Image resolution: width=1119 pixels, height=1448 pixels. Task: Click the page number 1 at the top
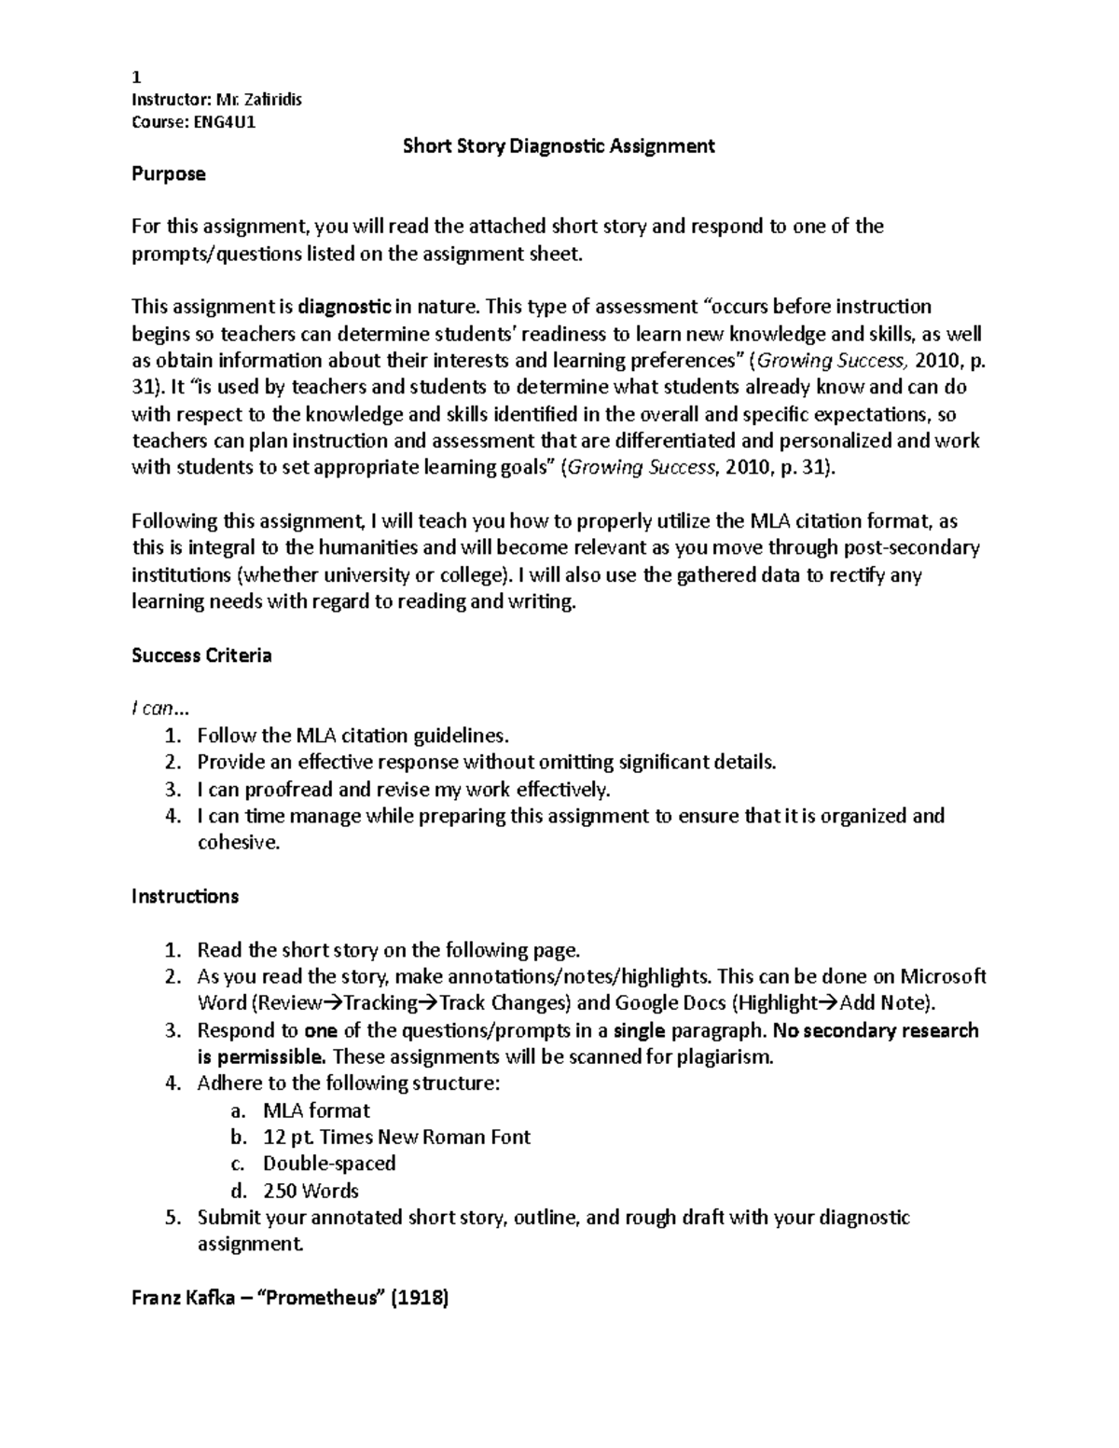pyautogui.click(x=136, y=78)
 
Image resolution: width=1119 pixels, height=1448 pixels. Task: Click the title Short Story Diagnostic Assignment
pyautogui.click(x=558, y=146)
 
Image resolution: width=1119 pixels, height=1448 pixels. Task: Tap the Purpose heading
pyautogui.click(x=168, y=173)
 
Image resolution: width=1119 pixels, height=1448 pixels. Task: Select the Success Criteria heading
pyautogui.click(x=201, y=655)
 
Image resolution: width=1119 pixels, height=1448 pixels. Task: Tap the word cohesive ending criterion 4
pyautogui.click(x=237, y=843)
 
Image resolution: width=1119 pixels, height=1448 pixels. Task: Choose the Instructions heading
pyautogui.click(x=185, y=897)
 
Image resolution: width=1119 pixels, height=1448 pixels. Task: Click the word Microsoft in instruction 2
pyautogui.click(x=942, y=977)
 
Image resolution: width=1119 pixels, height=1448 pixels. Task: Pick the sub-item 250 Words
pyautogui.click(x=311, y=1191)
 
